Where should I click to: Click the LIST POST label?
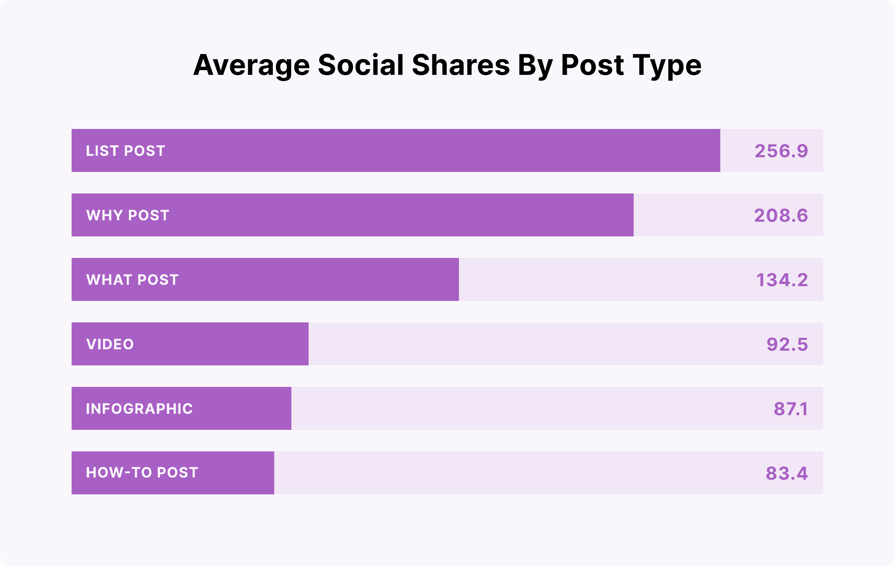point(125,151)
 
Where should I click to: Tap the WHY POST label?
point(127,215)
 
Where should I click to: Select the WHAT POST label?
point(132,280)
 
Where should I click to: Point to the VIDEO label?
point(110,344)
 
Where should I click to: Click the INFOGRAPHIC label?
point(139,409)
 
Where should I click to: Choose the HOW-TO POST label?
point(142,473)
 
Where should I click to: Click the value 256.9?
point(781,151)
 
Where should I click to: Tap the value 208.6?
point(781,215)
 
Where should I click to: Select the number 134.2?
point(782,280)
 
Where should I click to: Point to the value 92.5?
point(787,344)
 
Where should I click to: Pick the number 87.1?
point(790,409)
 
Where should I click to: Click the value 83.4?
point(787,473)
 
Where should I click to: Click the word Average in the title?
point(251,66)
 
